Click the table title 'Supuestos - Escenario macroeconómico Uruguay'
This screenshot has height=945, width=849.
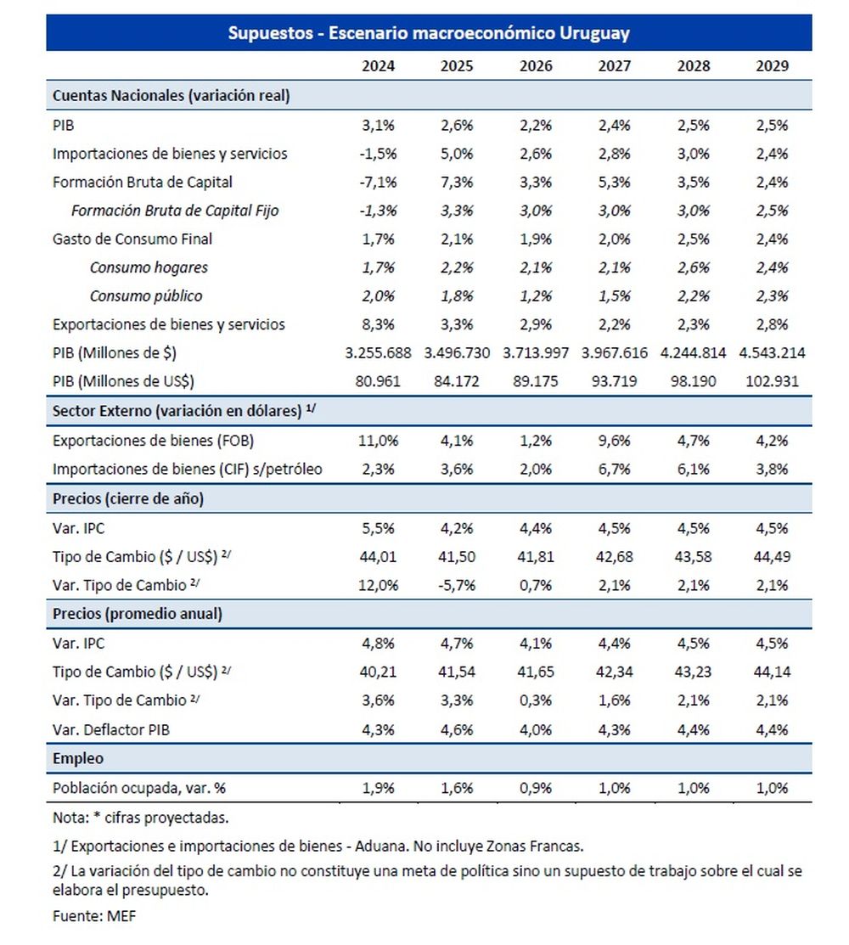point(429,34)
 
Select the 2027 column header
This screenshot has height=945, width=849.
point(614,67)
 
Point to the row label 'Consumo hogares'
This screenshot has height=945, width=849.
point(149,268)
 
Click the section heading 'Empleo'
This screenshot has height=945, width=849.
point(78,758)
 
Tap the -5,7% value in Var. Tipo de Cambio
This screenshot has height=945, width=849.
point(456,585)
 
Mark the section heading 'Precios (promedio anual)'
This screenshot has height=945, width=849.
point(137,614)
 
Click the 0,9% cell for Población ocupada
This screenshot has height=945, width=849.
point(535,787)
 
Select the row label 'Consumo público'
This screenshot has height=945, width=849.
point(148,296)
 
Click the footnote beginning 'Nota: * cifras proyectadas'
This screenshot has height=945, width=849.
point(140,818)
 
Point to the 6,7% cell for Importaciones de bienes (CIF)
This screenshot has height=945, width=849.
point(614,470)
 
